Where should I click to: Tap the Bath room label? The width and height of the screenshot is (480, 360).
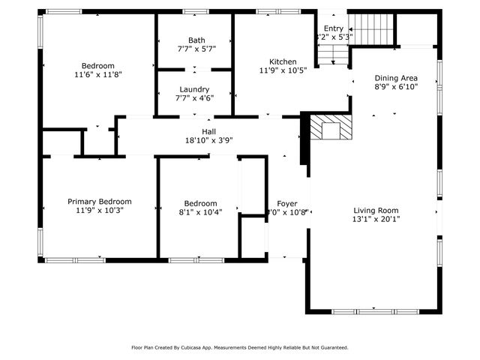pos(196,40)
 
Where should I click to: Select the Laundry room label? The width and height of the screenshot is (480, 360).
pos(194,89)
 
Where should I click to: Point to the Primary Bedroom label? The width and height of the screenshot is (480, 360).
pos(99,202)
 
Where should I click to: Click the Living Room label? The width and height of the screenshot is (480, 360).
pos(376,211)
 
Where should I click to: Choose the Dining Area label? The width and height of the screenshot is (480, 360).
pos(395,78)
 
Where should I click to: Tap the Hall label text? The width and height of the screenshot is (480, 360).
pos(199,131)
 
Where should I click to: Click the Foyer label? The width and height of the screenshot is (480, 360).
pos(287,203)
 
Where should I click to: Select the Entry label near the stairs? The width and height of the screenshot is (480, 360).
pos(333,28)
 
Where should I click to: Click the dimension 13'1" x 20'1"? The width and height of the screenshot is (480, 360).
pos(376,220)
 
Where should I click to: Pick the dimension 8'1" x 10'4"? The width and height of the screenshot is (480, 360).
pos(200,212)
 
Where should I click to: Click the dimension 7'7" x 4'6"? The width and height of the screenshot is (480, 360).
pos(194,97)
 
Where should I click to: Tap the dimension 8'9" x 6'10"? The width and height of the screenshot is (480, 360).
pos(395,87)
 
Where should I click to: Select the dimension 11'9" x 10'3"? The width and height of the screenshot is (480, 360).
pos(99,211)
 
